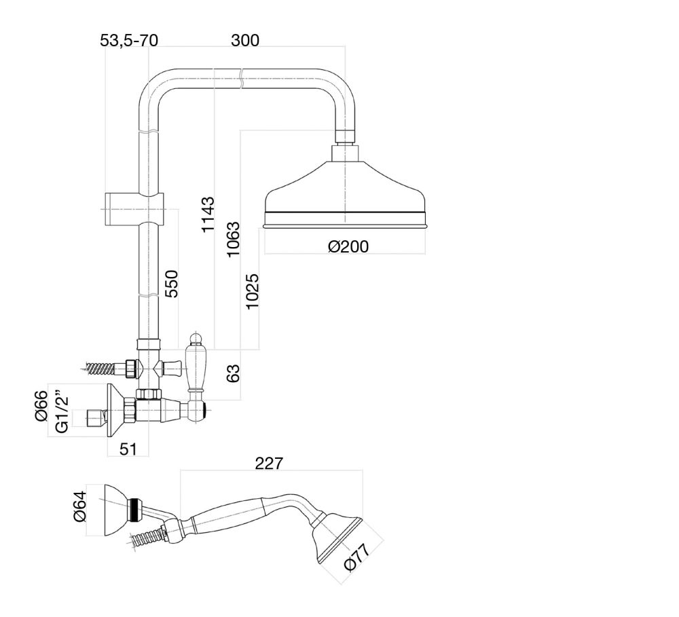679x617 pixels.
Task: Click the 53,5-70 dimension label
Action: (129, 41)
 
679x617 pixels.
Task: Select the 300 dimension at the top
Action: (245, 41)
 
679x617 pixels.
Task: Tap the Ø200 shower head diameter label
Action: (348, 246)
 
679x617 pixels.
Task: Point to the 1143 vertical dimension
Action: (208, 214)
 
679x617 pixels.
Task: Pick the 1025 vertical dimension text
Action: (253, 292)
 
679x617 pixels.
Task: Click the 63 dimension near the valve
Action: (233, 374)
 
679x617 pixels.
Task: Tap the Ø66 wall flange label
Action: (42, 405)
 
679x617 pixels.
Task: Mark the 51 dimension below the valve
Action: (128, 449)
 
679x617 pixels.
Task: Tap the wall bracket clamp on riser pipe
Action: (136, 208)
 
